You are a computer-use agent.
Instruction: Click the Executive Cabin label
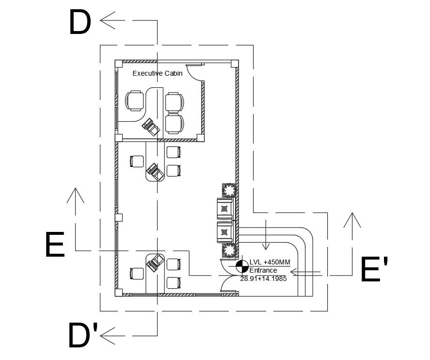(x=158, y=74)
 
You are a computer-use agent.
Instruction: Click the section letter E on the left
(x=54, y=245)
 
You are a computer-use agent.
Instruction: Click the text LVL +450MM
(x=270, y=262)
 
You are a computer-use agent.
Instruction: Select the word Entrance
(x=263, y=270)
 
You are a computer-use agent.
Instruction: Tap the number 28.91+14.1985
(x=264, y=278)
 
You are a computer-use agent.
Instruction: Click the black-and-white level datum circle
(x=241, y=266)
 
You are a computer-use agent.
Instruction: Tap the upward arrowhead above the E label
(x=75, y=195)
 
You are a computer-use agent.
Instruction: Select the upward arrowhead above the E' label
(x=351, y=220)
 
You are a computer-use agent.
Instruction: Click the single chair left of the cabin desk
(x=135, y=101)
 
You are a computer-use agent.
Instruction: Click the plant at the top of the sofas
(x=229, y=190)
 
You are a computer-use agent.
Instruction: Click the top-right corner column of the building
(x=235, y=64)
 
